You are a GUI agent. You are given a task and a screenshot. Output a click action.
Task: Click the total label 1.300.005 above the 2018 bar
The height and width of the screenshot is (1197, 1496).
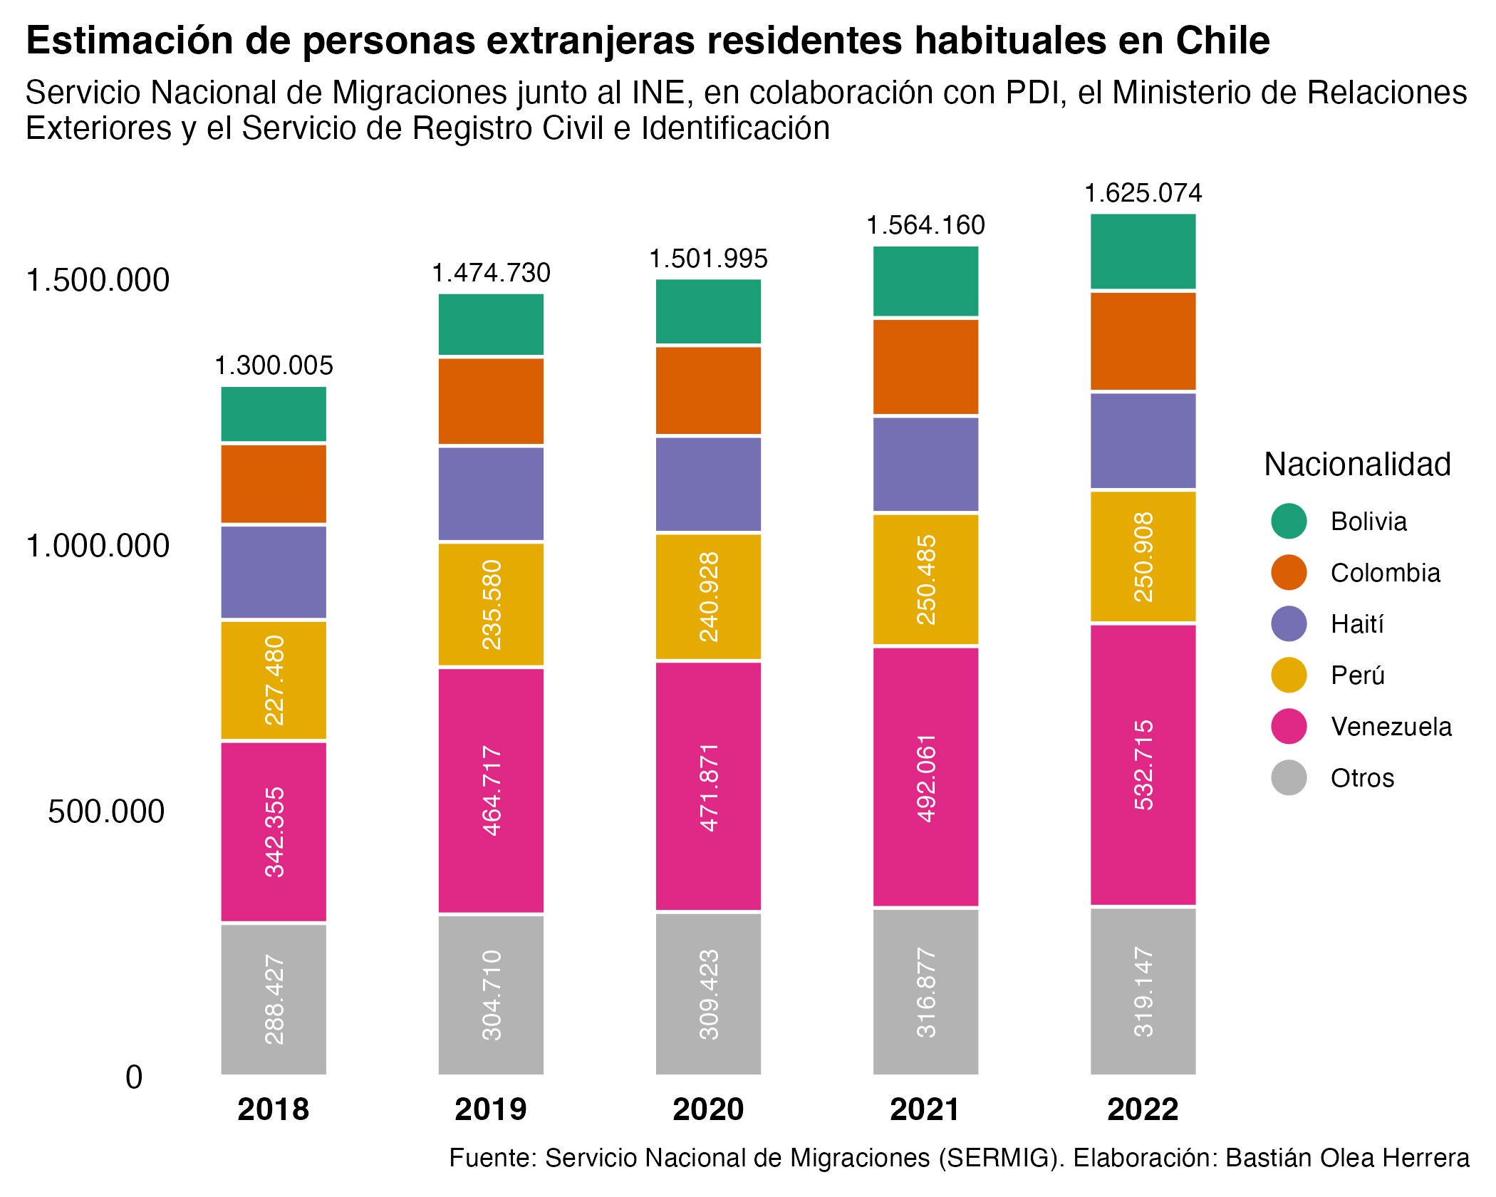click(x=274, y=366)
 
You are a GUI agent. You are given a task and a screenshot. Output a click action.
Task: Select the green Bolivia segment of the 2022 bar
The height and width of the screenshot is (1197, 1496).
click(x=1143, y=252)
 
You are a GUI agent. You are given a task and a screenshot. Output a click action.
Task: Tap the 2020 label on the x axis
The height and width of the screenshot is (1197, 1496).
click(x=708, y=1109)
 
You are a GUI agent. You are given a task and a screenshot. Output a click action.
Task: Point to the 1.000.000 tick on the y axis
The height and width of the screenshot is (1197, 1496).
click(x=98, y=546)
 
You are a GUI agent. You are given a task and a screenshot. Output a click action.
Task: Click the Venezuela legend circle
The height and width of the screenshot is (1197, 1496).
click(x=1289, y=727)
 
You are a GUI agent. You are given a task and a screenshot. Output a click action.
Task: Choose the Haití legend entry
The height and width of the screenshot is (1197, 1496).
click(x=1356, y=624)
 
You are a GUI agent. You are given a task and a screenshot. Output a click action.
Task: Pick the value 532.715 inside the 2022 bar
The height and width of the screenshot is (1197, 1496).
click(x=1143, y=765)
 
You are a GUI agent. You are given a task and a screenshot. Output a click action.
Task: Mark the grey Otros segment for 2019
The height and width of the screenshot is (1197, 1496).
click(x=491, y=995)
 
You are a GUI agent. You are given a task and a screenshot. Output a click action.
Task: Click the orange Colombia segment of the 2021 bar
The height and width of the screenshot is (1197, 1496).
click(x=925, y=367)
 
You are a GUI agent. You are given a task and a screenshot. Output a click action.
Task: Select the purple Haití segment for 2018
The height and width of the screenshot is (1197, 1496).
click(x=274, y=572)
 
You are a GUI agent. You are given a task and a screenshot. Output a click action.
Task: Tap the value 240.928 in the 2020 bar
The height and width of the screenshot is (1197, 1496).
click(x=709, y=597)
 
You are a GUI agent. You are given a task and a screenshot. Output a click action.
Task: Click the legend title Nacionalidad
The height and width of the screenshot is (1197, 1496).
click(x=1357, y=465)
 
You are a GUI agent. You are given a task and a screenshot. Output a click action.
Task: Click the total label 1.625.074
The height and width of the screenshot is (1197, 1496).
click(x=1143, y=193)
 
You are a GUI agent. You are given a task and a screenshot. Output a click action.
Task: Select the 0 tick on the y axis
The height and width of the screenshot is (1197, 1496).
click(x=134, y=1077)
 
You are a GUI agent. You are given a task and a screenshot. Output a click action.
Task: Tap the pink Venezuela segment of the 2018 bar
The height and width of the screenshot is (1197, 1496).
click(x=274, y=831)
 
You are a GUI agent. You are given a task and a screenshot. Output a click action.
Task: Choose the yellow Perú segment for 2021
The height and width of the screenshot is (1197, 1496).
click(x=925, y=579)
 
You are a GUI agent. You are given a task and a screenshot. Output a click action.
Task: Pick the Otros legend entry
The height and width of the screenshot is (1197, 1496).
click(x=1361, y=778)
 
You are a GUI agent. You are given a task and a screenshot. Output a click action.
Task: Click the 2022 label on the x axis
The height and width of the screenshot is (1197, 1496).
click(x=1143, y=1109)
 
